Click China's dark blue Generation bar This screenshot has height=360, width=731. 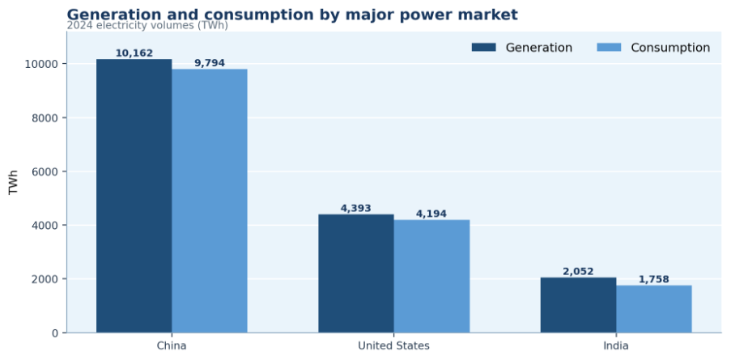pos(134,196)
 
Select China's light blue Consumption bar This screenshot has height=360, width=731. pos(210,201)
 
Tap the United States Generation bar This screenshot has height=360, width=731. pos(356,273)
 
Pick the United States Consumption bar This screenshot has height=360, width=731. pos(431,277)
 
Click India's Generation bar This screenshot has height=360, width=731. pos(579,306)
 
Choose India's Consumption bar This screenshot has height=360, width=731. pos(654,309)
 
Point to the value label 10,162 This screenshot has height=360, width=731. pos(134,53)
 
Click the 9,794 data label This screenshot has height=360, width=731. pos(210,63)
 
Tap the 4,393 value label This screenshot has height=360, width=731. pos(356,208)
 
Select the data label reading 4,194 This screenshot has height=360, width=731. pos(431,214)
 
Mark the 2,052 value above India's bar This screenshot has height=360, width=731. pos(579,272)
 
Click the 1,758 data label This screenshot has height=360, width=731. pos(654,279)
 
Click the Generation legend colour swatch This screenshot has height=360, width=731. pos(484,48)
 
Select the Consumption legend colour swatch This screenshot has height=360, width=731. pos(609,48)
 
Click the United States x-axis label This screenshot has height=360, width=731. pos(394,346)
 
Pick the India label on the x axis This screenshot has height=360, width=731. pos(616,346)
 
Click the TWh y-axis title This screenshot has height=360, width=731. pos(13,182)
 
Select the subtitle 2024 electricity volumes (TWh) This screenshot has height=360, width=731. pos(147,26)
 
